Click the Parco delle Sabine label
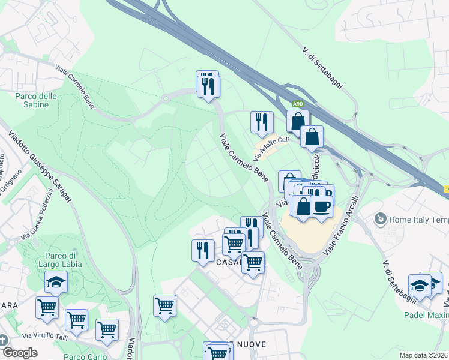coord(36,101)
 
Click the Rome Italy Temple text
coord(419,220)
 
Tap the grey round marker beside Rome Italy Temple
coord(380,220)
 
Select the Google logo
coord(19,352)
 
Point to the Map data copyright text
coord(424,355)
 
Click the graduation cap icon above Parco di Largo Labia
coord(56,281)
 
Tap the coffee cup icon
coord(321,205)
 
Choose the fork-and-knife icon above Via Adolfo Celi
coord(261,121)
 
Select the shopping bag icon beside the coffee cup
coord(303,205)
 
